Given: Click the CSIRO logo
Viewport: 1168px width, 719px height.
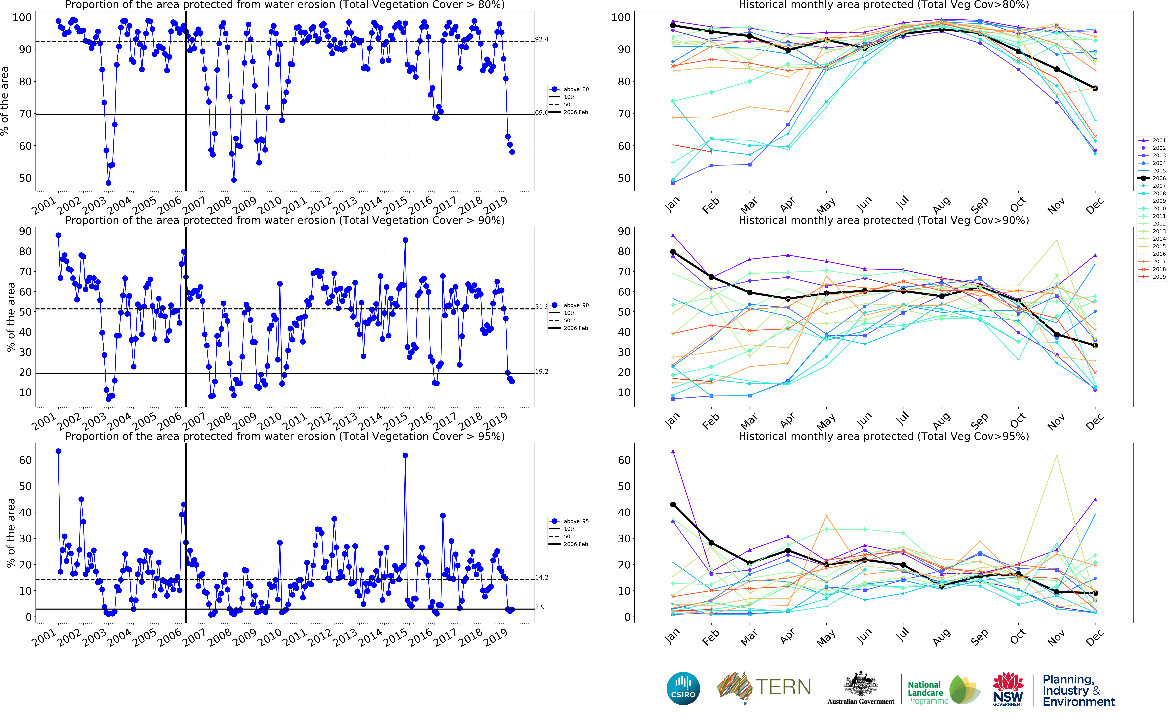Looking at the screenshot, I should coord(683,688).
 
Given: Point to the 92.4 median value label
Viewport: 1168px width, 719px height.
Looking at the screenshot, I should coord(541,39).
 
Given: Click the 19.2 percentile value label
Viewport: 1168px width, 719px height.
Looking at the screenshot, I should coord(541,371).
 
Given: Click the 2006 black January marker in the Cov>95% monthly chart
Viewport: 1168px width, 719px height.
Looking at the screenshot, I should coord(673,505).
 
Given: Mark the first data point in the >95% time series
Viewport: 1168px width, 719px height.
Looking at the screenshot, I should coord(58,451).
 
